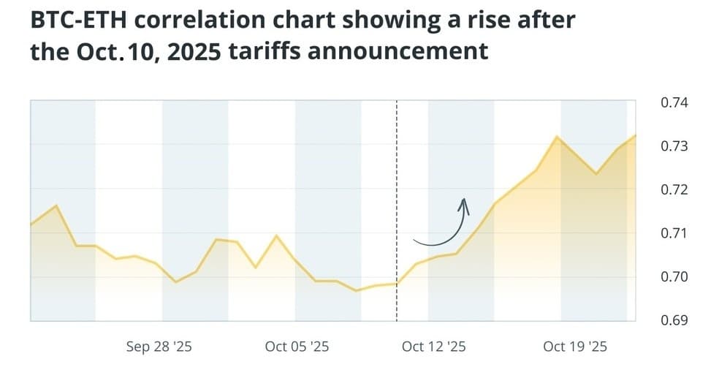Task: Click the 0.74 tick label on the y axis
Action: pos(674,103)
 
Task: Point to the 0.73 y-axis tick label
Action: pos(674,146)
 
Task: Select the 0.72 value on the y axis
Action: pos(674,190)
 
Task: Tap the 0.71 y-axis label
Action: pos(674,233)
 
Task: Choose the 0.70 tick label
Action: pos(674,277)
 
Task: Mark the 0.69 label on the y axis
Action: pos(674,320)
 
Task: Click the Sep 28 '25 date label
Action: pos(159,347)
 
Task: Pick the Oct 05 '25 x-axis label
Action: pos(297,347)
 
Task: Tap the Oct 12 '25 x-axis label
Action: pos(433,347)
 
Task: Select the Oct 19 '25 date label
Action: pos(575,347)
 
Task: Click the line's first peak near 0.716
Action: pos(56,205)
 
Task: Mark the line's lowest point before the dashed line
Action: pos(357,290)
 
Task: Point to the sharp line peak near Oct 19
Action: pos(557,137)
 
